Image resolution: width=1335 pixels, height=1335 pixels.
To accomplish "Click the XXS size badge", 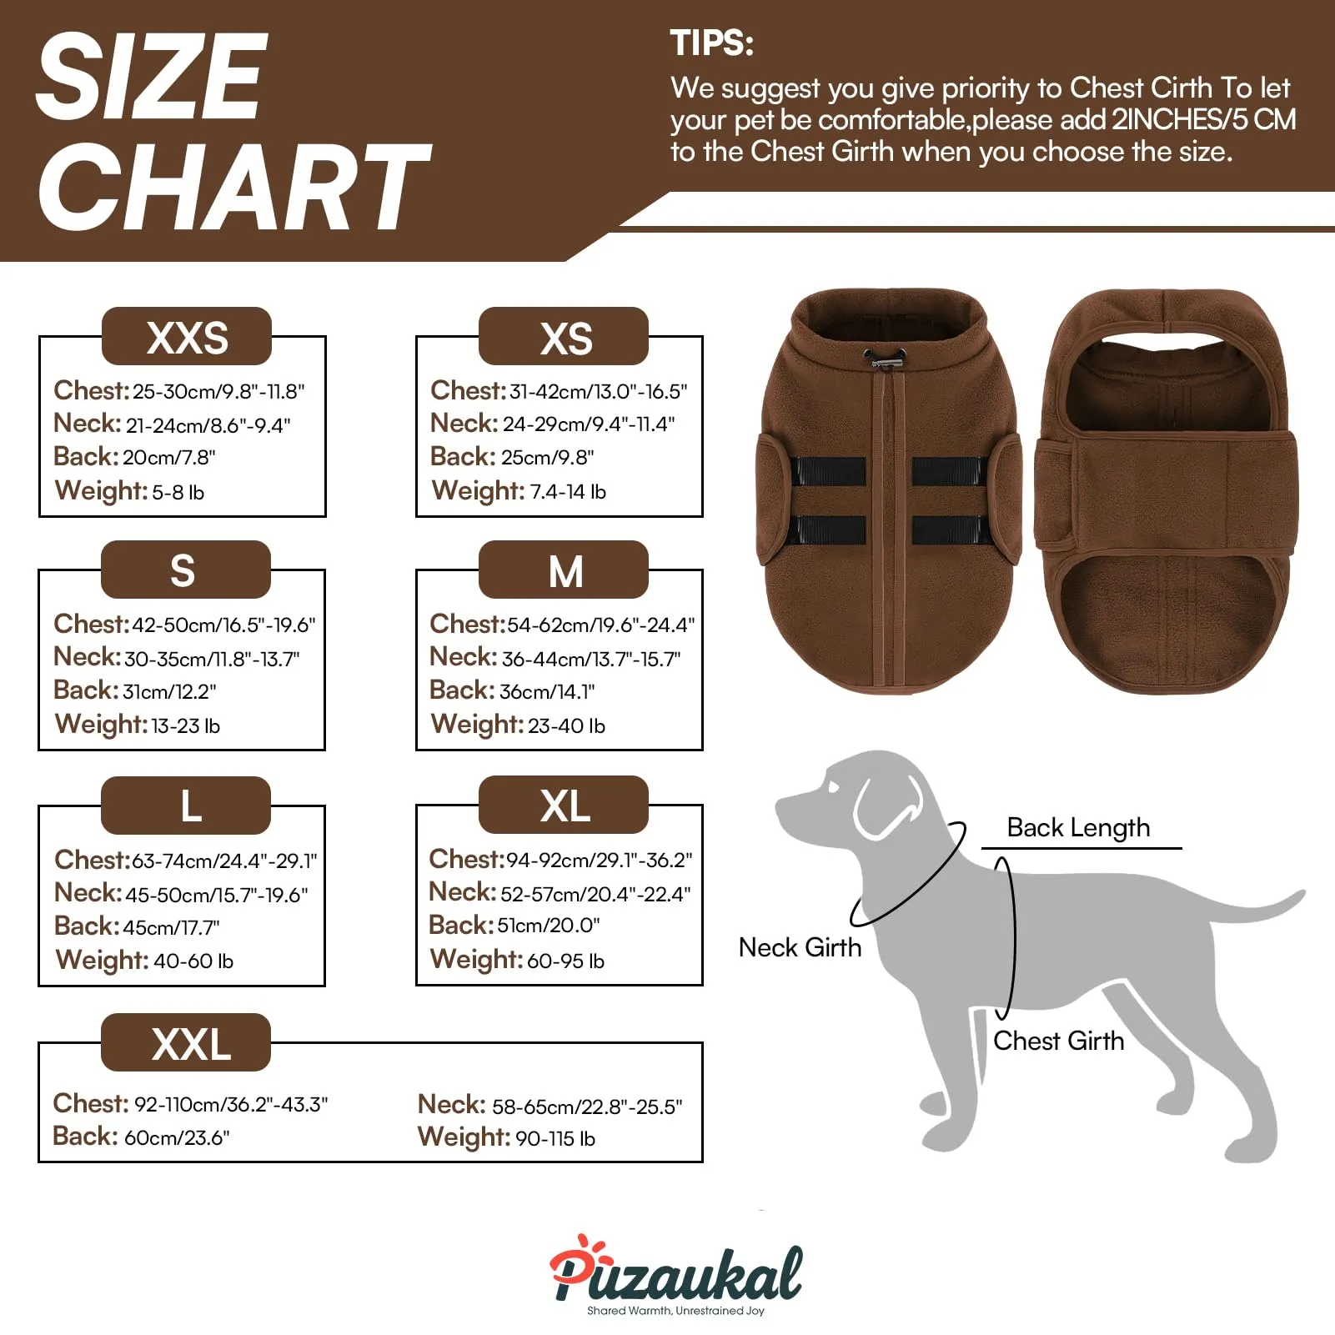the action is click(x=187, y=336).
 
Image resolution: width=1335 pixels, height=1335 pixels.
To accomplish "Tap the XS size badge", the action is click(x=564, y=336).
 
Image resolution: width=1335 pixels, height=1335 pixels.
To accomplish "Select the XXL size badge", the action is click(x=186, y=1042).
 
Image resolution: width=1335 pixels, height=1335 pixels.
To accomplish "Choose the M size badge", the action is click(x=564, y=570).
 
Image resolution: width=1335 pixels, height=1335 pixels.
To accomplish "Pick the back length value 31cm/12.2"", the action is click(x=169, y=691).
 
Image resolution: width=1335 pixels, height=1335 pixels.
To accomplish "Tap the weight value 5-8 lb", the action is click(x=178, y=492).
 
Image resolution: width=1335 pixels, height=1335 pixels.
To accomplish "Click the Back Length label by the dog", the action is click(x=1078, y=828).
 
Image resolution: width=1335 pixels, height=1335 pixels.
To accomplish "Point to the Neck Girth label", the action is click(x=800, y=947).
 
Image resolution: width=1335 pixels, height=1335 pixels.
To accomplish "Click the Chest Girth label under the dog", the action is click(x=1058, y=1041).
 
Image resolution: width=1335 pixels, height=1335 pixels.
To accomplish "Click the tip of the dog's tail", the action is click(x=1301, y=894).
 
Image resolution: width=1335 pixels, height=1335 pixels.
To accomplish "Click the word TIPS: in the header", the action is click(x=712, y=43).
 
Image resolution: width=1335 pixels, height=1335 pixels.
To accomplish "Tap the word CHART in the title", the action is click(x=234, y=186).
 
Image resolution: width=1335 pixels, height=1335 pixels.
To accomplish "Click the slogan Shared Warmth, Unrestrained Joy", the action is click(x=675, y=1311).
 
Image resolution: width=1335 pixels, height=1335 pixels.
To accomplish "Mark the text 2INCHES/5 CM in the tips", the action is click(x=1204, y=120).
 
